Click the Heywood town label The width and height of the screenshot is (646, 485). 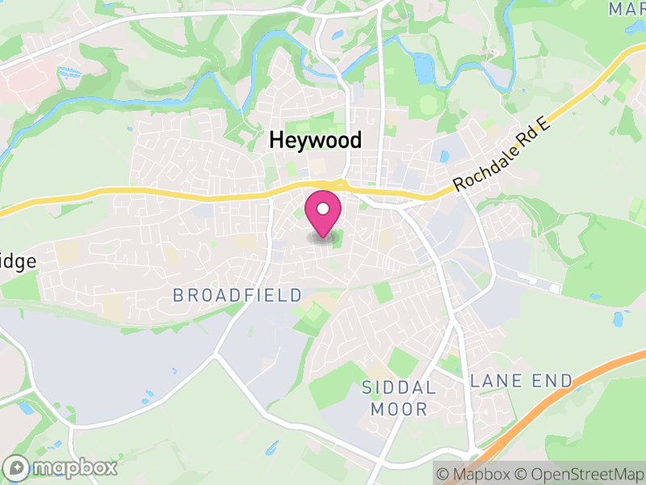point(315,141)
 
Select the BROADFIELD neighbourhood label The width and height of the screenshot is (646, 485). point(237,295)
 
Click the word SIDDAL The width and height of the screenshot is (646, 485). point(399,388)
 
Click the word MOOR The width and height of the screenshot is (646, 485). point(399,410)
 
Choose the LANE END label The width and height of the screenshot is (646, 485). point(522,380)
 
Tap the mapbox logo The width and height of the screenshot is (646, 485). point(60,467)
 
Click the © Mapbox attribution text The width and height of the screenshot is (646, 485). point(475,473)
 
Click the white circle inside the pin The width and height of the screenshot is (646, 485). point(323,209)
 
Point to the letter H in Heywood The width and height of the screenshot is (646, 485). point(275,141)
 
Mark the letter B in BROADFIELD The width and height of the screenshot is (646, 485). point(178,295)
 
